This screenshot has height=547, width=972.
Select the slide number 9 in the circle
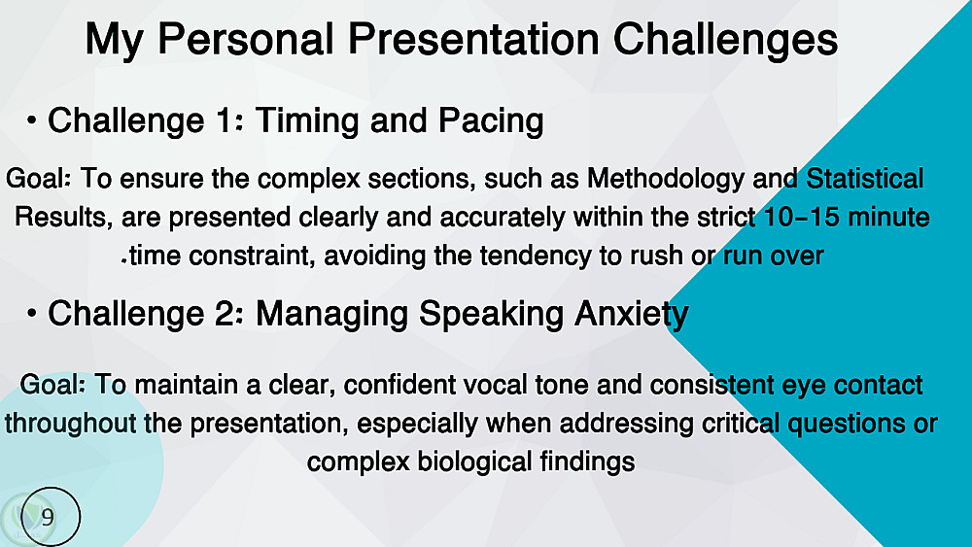click(x=47, y=517)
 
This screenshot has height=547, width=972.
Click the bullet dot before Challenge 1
click(x=31, y=120)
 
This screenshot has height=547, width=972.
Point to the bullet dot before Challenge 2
click(x=31, y=314)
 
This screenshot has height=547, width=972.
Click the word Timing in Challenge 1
click(x=307, y=120)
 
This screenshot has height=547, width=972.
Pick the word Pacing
click(x=491, y=121)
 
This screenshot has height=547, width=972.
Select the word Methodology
click(x=665, y=179)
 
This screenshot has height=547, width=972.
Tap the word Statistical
click(x=864, y=179)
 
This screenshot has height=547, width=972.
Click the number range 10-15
click(x=801, y=218)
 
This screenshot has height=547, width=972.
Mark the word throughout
click(x=70, y=425)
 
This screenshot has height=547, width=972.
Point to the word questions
click(x=847, y=425)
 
